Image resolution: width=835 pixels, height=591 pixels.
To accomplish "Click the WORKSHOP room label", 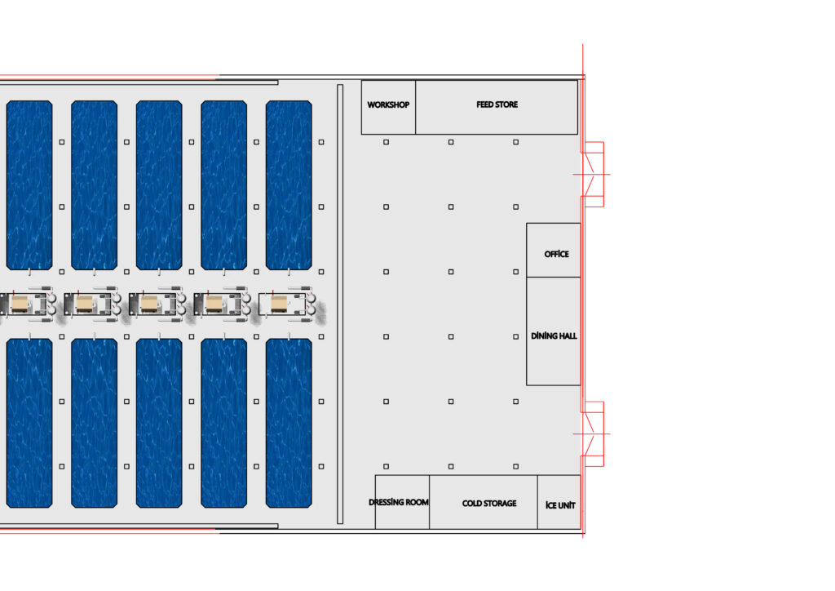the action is (388, 105).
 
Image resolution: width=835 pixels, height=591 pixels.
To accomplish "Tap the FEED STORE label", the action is (497, 104).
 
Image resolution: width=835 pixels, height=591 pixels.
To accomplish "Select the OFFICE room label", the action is (556, 254).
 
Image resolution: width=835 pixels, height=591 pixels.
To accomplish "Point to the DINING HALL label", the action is (554, 335).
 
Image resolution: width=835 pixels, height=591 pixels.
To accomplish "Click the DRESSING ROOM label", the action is (398, 502).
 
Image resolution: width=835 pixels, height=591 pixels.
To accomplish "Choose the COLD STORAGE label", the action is (489, 503).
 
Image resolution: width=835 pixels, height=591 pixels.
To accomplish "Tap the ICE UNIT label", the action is (560, 505).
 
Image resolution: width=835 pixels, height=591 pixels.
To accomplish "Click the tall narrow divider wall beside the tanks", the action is (340, 304).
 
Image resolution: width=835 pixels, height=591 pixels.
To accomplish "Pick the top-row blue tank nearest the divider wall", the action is (289, 185).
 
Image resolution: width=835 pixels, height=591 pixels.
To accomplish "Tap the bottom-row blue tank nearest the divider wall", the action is (289, 423).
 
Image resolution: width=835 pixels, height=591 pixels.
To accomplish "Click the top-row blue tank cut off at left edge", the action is (29, 185).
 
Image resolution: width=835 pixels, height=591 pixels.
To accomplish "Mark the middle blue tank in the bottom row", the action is (159, 423).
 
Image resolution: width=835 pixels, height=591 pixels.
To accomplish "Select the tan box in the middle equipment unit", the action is (149, 304).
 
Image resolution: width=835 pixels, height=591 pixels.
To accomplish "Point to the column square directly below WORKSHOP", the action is (386, 142).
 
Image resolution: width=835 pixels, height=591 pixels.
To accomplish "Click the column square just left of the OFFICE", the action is (515, 272).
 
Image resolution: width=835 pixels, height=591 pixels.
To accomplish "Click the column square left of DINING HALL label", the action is (515, 337).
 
